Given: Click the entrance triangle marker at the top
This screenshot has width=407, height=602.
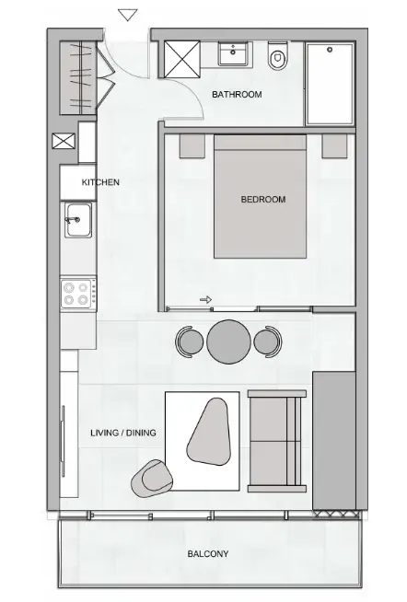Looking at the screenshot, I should click(x=129, y=15).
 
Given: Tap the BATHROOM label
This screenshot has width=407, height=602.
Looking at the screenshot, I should click(x=237, y=95).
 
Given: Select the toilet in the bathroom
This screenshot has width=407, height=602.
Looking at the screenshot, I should click(x=278, y=59).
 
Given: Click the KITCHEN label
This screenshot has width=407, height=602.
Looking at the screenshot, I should click(x=100, y=182).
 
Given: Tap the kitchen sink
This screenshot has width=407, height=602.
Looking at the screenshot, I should click(x=77, y=221).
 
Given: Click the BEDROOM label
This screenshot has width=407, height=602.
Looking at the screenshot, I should click(x=262, y=199).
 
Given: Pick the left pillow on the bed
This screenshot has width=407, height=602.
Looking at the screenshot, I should click(x=192, y=145).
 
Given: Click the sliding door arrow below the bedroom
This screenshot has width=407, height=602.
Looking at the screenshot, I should click(x=205, y=299).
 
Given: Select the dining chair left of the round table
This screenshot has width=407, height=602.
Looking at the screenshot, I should click(x=189, y=342).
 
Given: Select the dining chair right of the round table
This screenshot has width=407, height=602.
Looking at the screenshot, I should click(x=268, y=342).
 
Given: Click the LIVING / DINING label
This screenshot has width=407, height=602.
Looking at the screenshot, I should click(x=122, y=433).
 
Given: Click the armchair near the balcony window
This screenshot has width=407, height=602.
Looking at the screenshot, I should click(x=153, y=478).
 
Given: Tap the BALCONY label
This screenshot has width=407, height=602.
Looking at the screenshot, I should click(x=208, y=554).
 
